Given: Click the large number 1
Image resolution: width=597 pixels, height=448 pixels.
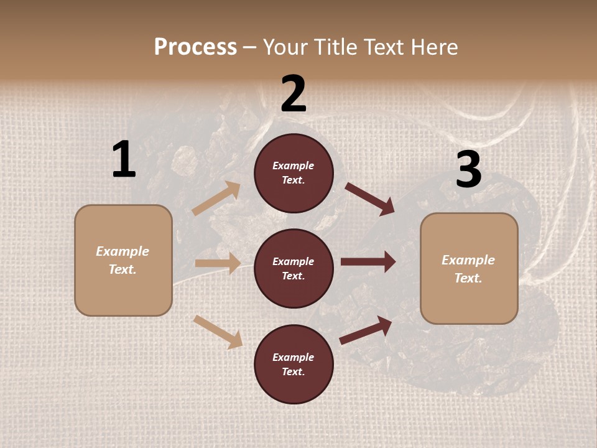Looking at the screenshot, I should click(x=124, y=160).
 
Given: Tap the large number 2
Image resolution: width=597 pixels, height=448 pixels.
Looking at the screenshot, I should click(x=294, y=94).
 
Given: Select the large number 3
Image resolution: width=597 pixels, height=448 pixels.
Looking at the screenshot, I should click(x=468, y=170).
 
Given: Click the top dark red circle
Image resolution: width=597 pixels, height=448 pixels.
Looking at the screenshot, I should click(x=294, y=173).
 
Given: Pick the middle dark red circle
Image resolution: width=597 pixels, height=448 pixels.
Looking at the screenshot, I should click(x=294, y=268).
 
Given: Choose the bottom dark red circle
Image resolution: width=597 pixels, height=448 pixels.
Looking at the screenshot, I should click(x=294, y=364).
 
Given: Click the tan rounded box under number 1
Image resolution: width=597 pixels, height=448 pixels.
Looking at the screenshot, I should click(x=123, y=260).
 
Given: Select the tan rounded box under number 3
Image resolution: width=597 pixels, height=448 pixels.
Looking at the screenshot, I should click(x=469, y=268).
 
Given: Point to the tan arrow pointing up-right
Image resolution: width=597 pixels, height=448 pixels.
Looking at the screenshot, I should click(x=216, y=198).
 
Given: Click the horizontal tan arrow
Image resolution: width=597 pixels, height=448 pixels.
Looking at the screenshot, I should click(x=218, y=263).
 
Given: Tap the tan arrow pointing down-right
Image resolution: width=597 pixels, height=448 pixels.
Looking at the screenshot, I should click(x=218, y=331).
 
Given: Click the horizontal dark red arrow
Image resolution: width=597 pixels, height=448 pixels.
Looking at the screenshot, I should click(x=368, y=262).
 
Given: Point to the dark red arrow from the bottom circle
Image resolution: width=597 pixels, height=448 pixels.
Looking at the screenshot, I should click(x=366, y=330).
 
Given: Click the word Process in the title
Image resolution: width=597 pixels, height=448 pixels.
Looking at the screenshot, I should click(x=195, y=47).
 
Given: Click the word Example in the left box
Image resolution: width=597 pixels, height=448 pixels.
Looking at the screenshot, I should click(x=123, y=251).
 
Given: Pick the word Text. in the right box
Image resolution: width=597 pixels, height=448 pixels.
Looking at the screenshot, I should click(x=468, y=278).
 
